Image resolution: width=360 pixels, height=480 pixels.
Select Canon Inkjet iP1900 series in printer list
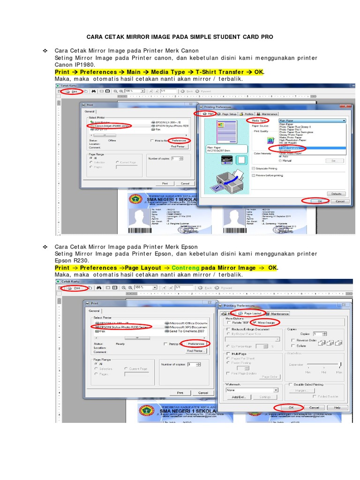point(112,126)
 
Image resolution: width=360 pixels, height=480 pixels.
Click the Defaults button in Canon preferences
point(335,193)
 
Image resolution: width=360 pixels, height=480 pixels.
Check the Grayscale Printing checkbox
point(253,168)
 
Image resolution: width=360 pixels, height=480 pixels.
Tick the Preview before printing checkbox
point(253,175)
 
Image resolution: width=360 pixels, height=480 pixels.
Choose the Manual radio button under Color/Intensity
point(280,160)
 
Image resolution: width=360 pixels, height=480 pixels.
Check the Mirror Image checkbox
point(255,322)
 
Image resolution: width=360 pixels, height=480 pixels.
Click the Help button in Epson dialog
point(337,407)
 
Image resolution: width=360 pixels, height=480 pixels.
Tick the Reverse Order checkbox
point(293,340)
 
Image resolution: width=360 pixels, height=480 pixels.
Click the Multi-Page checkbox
point(228,354)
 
